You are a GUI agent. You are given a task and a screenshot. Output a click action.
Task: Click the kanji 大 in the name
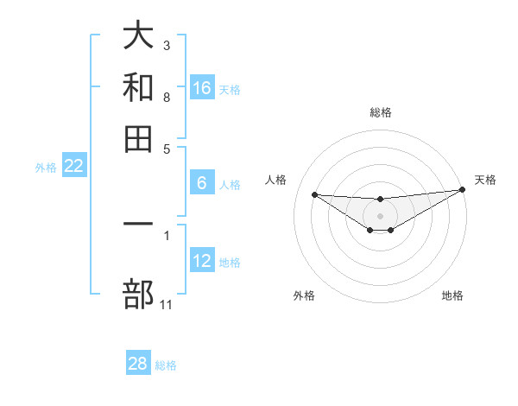138,36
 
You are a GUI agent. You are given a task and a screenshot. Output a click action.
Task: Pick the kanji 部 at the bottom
138,294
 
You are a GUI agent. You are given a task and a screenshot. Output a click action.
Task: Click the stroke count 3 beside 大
167,45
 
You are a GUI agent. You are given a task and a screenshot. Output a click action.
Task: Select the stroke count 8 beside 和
167,97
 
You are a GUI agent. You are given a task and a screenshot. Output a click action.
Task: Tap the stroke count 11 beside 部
167,304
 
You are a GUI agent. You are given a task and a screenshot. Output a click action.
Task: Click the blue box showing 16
202,87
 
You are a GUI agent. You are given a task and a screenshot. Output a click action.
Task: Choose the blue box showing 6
202,183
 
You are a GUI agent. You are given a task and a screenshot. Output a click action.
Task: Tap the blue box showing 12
202,261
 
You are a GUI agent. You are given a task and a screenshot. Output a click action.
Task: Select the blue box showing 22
73,167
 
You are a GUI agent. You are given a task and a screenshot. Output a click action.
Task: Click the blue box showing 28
138,364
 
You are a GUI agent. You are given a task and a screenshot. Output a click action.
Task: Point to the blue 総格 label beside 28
166,365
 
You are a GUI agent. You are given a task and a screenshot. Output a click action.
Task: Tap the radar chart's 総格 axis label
380,112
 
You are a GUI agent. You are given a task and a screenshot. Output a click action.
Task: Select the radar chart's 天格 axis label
485,180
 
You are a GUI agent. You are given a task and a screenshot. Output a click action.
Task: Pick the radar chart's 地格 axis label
452,295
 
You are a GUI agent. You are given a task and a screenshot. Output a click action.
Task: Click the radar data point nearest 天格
463,190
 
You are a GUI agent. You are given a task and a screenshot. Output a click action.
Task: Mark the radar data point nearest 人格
315,194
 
